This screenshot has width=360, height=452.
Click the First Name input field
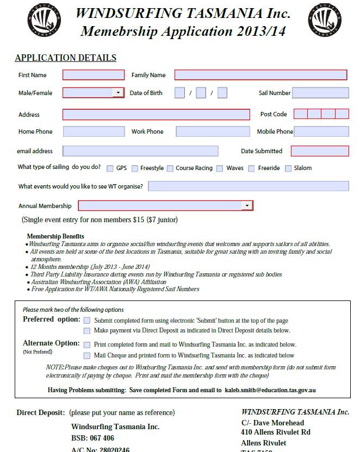[x=94, y=75]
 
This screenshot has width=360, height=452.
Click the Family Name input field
[x=260, y=75]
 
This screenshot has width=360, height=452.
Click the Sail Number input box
[x=320, y=93]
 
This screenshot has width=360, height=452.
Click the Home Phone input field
[x=94, y=131]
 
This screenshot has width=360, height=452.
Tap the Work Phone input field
[x=213, y=131]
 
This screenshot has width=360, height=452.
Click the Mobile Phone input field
[x=321, y=131]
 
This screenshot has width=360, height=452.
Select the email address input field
[x=140, y=151]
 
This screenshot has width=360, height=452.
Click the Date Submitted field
[x=320, y=151]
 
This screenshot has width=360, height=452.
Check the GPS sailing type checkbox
[x=110, y=168]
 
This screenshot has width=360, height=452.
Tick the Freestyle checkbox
[x=135, y=168]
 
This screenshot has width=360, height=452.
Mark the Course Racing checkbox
[x=170, y=168]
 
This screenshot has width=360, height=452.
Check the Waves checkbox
[x=220, y=168]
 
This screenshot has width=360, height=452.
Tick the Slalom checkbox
[x=288, y=168]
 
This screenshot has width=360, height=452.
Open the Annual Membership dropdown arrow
[x=247, y=206]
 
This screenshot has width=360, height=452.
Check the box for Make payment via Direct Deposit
[x=87, y=330]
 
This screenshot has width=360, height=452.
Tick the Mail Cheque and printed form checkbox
[x=87, y=355]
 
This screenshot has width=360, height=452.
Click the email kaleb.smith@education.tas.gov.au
[x=270, y=390]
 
